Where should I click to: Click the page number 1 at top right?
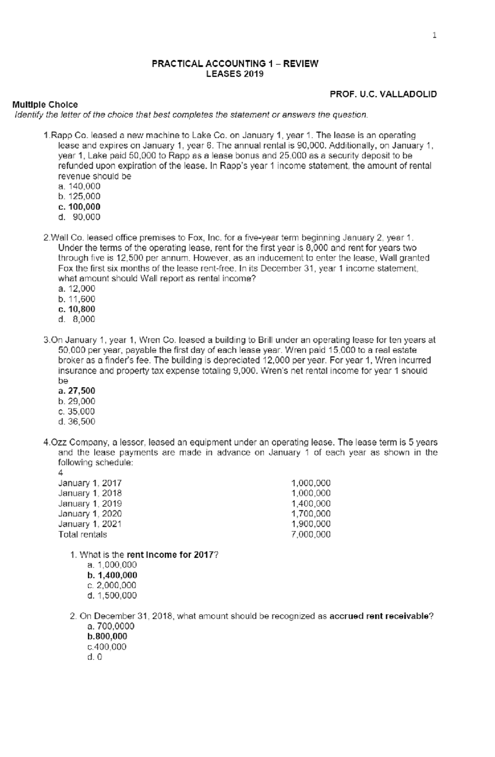pyautogui.click(x=434, y=35)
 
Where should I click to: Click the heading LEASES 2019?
pyautogui.click(x=235, y=74)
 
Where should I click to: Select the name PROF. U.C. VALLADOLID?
pyautogui.click(x=383, y=94)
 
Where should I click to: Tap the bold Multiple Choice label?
pyautogui.click(x=45, y=104)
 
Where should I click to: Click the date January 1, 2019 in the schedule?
pyautogui.click(x=90, y=503)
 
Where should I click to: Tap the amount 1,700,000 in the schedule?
pyautogui.click(x=311, y=514)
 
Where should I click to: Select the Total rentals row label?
pyautogui.click(x=82, y=534)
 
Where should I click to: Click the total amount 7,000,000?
pyautogui.click(x=311, y=535)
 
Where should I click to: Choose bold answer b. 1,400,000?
pyautogui.click(x=112, y=575)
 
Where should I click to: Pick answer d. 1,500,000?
pyautogui.click(x=112, y=595)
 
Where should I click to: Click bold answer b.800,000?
pyautogui.click(x=107, y=637)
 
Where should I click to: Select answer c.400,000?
pyautogui.click(x=107, y=647)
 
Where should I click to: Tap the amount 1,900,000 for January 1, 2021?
pyautogui.click(x=311, y=524)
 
